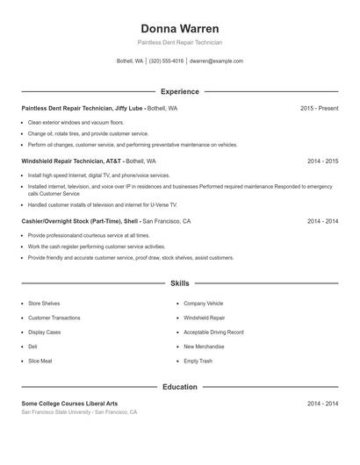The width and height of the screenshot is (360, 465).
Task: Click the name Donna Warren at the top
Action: pyautogui.click(x=180, y=29)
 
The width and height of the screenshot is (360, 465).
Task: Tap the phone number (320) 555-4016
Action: pyautogui.click(x=166, y=61)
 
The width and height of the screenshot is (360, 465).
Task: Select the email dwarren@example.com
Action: pyautogui.click(x=216, y=61)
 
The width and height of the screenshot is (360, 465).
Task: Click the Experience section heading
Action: pyautogui.click(x=180, y=91)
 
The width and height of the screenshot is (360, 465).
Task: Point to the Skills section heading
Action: pyautogui.click(x=180, y=283)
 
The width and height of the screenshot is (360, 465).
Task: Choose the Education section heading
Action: pyautogui.click(x=180, y=387)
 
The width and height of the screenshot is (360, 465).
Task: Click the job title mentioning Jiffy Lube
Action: pyautogui.click(x=99, y=108)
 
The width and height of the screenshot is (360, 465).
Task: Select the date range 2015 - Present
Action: pyautogui.click(x=319, y=108)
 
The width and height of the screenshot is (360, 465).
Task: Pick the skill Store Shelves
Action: pyautogui.click(x=44, y=303)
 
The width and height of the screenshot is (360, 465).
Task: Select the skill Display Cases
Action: pyautogui.click(x=45, y=333)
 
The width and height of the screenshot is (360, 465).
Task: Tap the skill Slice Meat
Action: pyautogui.click(x=40, y=361)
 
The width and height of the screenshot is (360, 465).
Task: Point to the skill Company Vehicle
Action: pyautogui.click(x=203, y=303)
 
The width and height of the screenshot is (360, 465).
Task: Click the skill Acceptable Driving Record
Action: pyautogui.click(x=213, y=333)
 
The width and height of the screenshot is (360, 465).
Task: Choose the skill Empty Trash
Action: pyautogui.click(x=198, y=361)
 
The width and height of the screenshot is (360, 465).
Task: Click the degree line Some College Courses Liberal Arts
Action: pyautogui.click(x=69, y=404)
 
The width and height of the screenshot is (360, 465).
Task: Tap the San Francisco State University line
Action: pyautogui.click(x=79, y=411)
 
